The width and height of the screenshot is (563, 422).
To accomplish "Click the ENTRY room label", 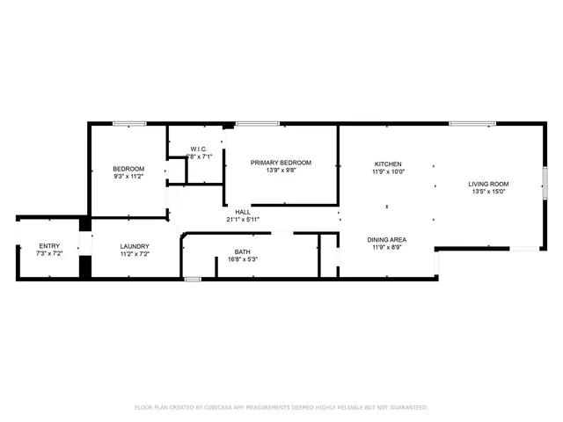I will pyautogui.click(x=48, y=246).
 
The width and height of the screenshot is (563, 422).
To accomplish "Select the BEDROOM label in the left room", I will pyautogui.click(x=128, y=169).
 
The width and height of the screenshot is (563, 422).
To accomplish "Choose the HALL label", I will pyautogui.click(x=243, y=212).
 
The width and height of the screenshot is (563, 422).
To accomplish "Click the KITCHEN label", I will pyautogui.click(x=388, y=164).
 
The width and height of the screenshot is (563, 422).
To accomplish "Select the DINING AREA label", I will pyautogui.click(x=386, y=239).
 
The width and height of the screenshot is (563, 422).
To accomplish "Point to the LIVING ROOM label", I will pyautogui.click(x=488, y=184).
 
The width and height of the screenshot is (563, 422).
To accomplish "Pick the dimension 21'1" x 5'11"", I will pyautogui.click(x=243, y=219).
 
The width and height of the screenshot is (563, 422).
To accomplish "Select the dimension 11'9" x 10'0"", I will pyautogui.click(x=388, y=172).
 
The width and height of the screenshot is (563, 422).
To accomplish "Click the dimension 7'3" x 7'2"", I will pyautogui.click(x=48, y=253).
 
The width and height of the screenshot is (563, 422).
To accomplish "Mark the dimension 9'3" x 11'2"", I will pyautogui.click(x=128, y=177).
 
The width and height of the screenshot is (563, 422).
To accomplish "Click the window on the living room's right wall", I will pyautogui.click(x=545, y=186).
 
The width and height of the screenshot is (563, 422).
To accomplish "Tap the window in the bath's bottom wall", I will pyautogui.click(x=193, y=280).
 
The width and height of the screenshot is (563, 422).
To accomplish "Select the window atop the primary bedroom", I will pyautogui.click(x=252, y=124).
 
